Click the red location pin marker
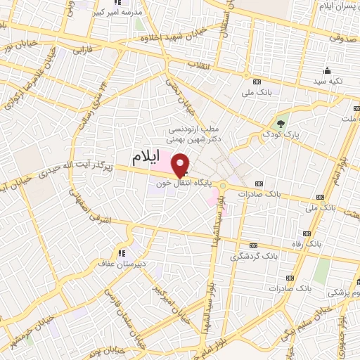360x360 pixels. [181, 164]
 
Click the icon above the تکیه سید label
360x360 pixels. [326, 71]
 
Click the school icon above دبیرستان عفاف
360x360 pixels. [122, 253]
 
